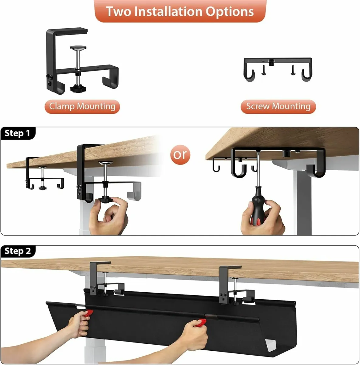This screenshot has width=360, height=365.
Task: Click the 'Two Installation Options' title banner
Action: pyautogui.click(x=180, y=11)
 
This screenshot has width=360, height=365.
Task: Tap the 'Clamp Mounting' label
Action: pyautogui.click(x=82, y=106)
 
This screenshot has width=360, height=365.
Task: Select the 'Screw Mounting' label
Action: pyautogui.click(x=278, y=106)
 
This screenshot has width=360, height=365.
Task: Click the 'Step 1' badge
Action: pyautogui.click(x=18, y=133)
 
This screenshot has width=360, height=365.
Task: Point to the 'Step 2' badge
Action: pyautogui.click(x=18, y=251)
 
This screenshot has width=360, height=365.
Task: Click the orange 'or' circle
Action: pyautogui.click(x=180, y=155)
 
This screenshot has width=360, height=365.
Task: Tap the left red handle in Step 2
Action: pyautogui.click(x=88, y=313)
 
